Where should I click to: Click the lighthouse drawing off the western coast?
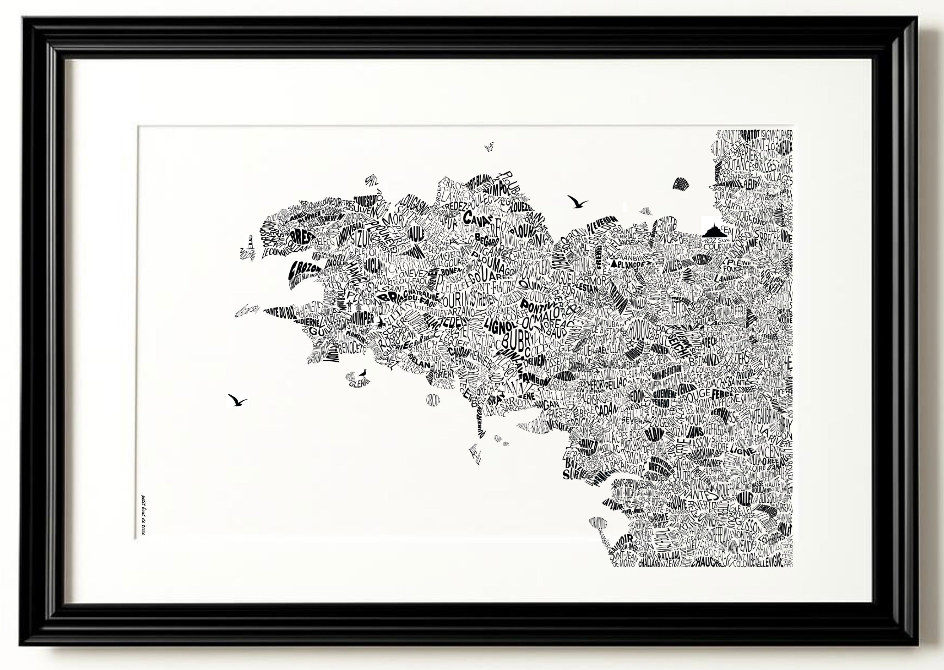(249, 242)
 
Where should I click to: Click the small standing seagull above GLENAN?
(363, 373)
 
